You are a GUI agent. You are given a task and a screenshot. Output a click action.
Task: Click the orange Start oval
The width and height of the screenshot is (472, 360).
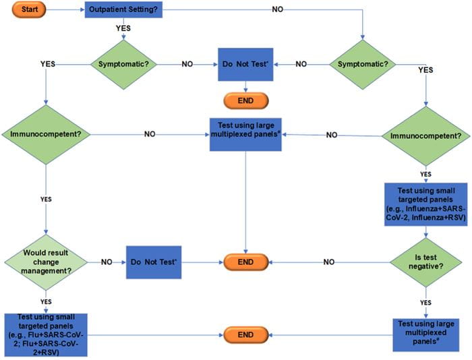click(26, 11)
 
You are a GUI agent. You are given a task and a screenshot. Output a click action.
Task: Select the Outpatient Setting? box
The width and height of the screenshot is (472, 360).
click(125, 11)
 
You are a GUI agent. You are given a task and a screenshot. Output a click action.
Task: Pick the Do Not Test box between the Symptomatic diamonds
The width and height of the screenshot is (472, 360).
click(244, 64)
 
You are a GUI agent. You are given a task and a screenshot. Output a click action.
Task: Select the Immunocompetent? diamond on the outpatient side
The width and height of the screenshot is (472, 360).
click(45, 134)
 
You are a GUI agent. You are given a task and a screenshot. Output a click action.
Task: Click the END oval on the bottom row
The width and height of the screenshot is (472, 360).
click(245, 333)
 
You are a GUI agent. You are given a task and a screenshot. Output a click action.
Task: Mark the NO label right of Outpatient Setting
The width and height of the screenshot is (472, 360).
click(277, 9)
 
